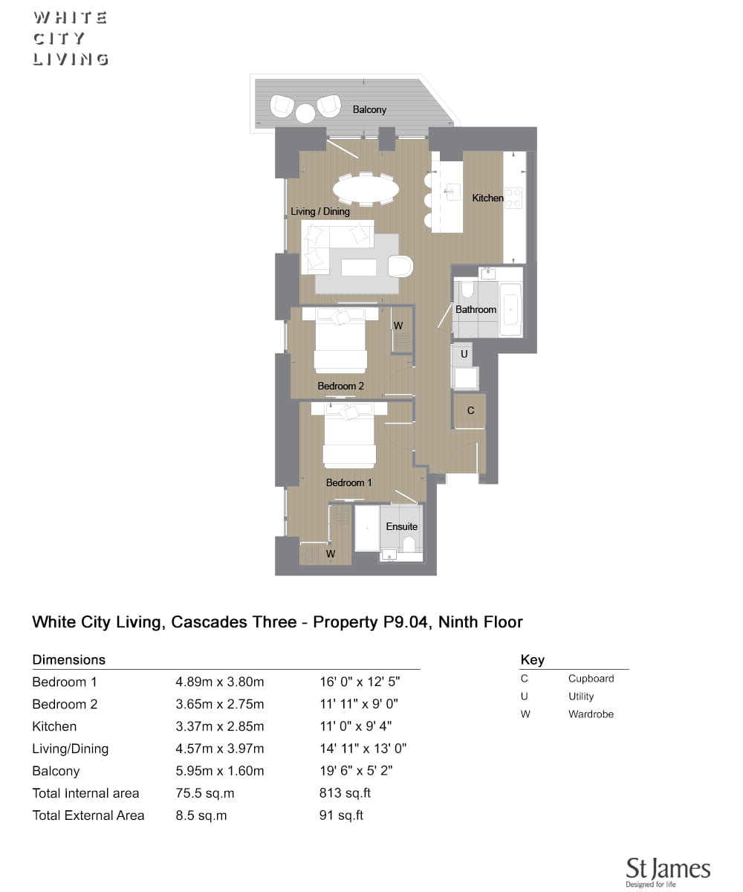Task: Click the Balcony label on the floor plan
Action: pyautogui.click(x=369, y=110)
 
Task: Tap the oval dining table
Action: pyautogui.click(x=366, y=188)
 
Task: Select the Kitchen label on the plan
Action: pyautogui.click(x=487, y=198)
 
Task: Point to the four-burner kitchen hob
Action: pyautogui.click(x=513, y=198)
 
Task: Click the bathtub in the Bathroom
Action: pyautogui.click(x=510, y=309)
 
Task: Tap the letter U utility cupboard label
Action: pyautogui.click(x=464, y=354)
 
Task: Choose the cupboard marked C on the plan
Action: pyautogui.click(x=470, y=411)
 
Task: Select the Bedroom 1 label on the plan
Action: pyautogui.click(x=348, y=482)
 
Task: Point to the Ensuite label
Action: pyautogui.click(x=401, y=526)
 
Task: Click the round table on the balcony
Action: pyautogui.click(x=305, y=114)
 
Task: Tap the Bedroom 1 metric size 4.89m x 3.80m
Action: pyautogui.click(x=219, y=682)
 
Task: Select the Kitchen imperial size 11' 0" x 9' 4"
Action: pyautogui.click(x=355, y=725)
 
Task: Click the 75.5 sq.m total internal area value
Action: pyautogui.click(x=204, y=793)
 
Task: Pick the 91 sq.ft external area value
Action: pyautogui.click(x=341, y=815)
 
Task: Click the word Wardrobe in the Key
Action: pyautogui.click(x=591, y=714)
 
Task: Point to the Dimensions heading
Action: pyautogui.click(x=69, y=659)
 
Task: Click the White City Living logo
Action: pyautogui.click(x=71, y=39)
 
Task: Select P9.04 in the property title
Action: pyautogui.click(x=405, y=622)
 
